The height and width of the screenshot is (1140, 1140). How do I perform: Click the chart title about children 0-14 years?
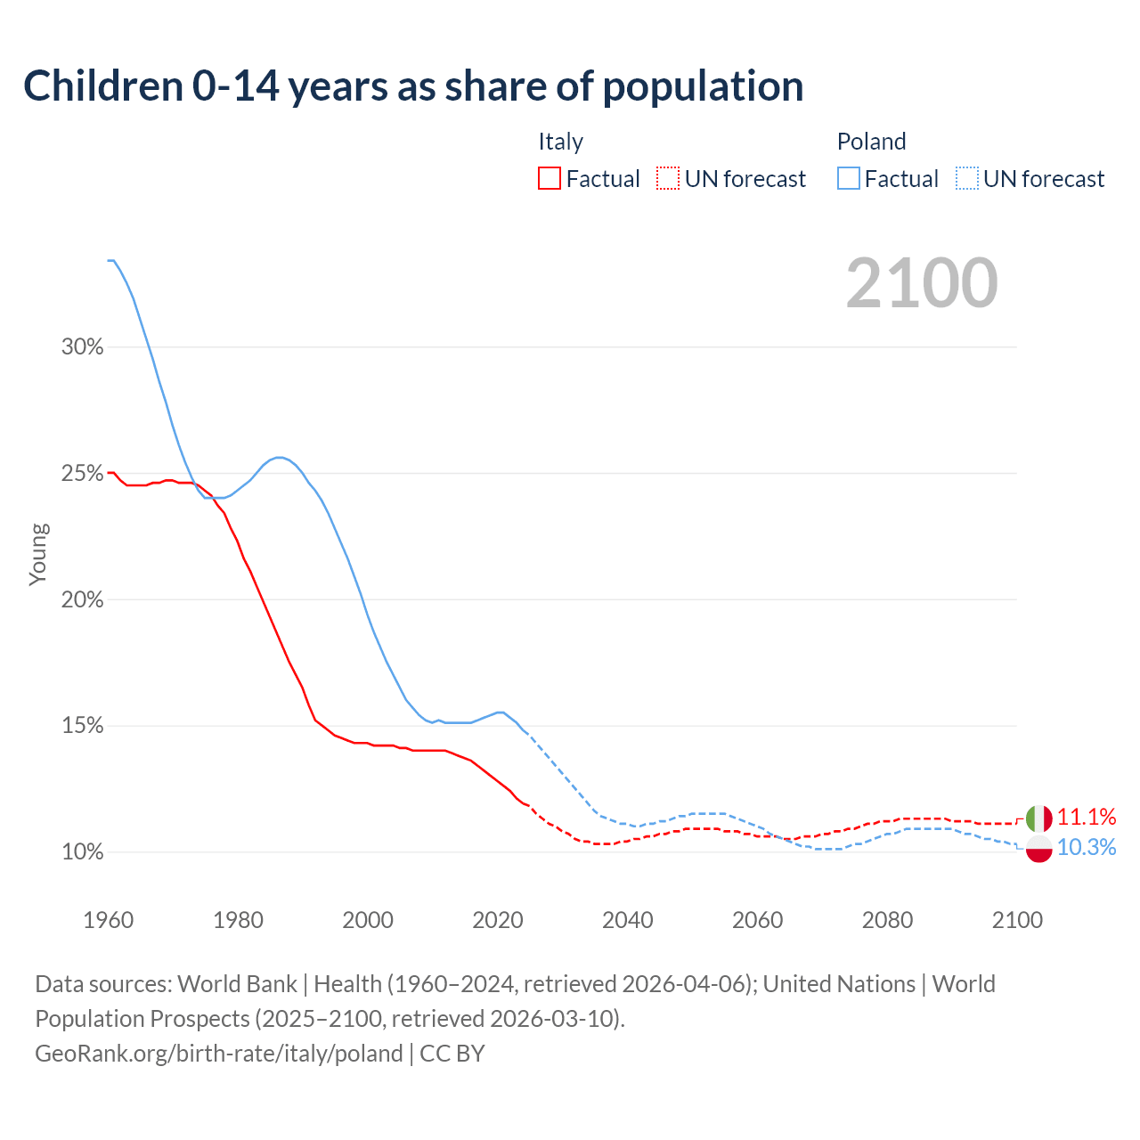pos(413,86)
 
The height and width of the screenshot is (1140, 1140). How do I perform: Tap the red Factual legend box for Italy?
pos(550,179)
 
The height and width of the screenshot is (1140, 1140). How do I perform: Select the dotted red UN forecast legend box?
pos(668,179)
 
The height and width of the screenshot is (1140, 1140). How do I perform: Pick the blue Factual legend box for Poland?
pos(848,179)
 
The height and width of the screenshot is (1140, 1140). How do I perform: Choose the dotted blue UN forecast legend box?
pos(966,179)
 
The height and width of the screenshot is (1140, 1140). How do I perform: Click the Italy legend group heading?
pos(560,142)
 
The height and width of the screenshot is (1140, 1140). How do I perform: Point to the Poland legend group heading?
pos(871,142)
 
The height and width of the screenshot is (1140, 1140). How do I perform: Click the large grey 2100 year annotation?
pos(922,283)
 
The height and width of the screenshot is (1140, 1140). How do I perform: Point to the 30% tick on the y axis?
pos(83,347)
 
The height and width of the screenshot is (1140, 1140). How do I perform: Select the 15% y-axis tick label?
pos(83,726)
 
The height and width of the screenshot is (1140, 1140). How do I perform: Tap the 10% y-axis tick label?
pos(83,852)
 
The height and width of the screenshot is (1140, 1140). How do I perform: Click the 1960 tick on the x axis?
pos(109,920)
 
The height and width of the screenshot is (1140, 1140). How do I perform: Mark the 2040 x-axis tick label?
pos(628,920)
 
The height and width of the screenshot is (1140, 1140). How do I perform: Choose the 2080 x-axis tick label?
pos(887,920)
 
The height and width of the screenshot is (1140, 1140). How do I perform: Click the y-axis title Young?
pos(38,554)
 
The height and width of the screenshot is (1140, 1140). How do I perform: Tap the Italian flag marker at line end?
pos(1038,818)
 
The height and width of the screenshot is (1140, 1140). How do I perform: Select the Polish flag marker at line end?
pos(1038,849)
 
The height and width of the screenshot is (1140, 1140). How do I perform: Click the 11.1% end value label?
pos(1087,817)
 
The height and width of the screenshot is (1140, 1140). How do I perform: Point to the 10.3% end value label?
pos(1087,847)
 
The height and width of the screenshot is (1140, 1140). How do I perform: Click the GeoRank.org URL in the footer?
pos(219,1054)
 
